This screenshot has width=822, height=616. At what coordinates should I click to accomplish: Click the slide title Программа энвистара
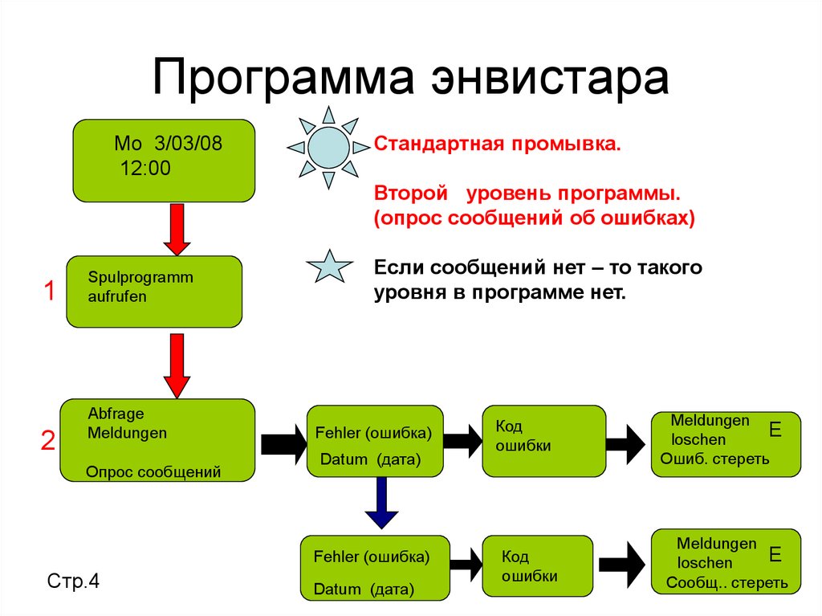(410, 78)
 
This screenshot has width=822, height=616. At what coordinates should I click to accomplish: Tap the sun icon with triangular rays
(328, 148)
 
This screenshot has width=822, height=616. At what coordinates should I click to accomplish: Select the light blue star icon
(330, 266)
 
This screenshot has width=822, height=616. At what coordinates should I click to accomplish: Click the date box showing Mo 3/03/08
(164, 161)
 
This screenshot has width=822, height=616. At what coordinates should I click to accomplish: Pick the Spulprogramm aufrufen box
(153, 291)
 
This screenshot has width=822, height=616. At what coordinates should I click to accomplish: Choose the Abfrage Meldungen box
(157, 440)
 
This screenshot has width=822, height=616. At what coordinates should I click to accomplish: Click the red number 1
(49, 292)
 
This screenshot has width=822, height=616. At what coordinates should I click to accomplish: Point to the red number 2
(48, 440)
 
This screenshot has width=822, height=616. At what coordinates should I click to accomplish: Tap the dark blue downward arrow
(381, 502)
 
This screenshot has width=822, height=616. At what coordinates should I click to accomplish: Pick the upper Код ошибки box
(543, 440)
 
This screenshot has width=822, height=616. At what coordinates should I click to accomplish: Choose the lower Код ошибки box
(537, 565)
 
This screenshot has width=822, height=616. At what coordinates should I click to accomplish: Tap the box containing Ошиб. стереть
(725, 443)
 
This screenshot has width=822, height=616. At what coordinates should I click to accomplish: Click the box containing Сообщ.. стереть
(726, 561)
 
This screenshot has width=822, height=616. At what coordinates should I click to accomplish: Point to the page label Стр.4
(73, 581)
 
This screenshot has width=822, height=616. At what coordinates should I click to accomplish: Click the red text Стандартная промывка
(498, 145)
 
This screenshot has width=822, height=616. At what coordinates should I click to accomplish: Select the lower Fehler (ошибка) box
(372, 567)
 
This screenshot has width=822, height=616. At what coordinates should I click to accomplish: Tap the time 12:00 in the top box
(146, 168)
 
